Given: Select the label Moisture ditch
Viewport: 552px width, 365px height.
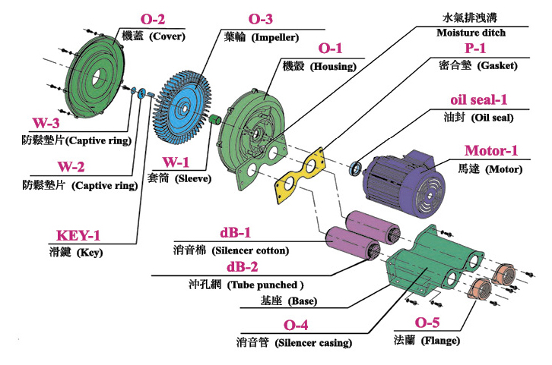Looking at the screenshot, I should (x=471, y=33).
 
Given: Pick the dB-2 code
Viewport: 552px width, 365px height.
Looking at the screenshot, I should (x=240, y=267).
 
